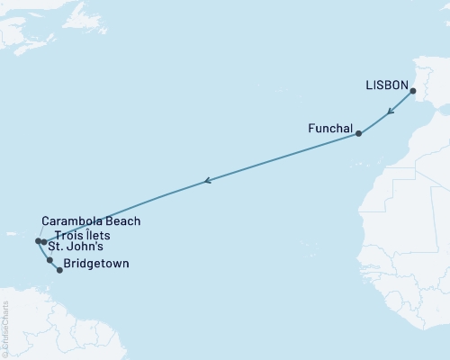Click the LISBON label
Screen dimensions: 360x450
[386, 85]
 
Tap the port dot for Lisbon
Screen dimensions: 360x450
[412, 92]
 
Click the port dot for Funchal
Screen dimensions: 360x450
[358, 134]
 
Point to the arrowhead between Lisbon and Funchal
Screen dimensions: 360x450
[388, 113]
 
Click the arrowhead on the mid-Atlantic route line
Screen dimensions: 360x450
[208, 181]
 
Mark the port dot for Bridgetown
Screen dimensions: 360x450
[59, 270]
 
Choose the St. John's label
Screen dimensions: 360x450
[76, 247]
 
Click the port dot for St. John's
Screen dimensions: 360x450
[49, 260]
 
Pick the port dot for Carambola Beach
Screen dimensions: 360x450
[38, 241]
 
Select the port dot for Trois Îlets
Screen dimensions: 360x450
[43, 242]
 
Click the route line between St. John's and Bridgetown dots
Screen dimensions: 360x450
[54, 265]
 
